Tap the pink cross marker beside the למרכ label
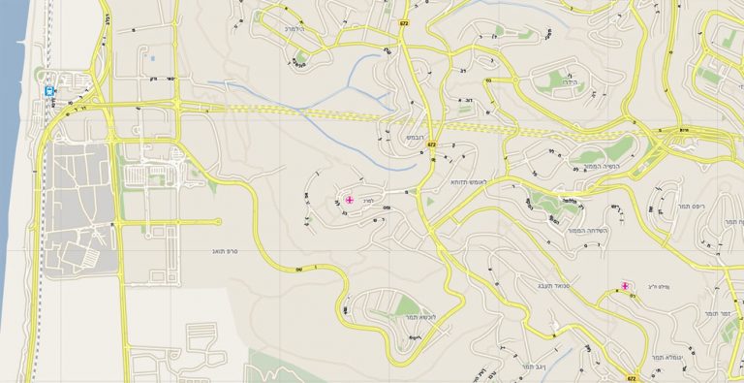pyautogui.click(x=349, y=200)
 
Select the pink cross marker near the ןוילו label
pyautogui.click(x=626, y=286)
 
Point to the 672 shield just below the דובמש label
pyautogui.click(x=431, y=144)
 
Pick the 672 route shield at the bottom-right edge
pyautogui.click(x=632, y=377)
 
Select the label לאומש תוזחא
pyautogui.click(x=473, y=181)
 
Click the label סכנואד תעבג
pyautogui.click(x=531, y=284)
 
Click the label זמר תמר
pyautogui.click(x=718, y=314)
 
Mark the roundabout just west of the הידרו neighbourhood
pyautogui.click(x=490, y=82)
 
